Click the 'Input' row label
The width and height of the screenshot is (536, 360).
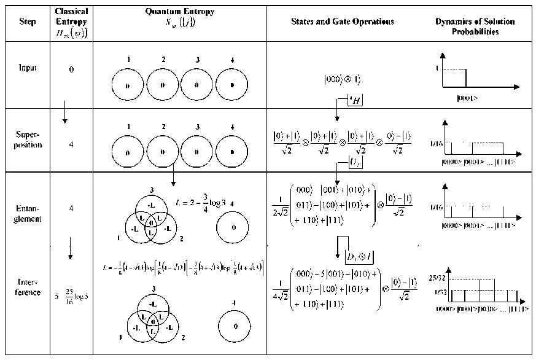[28, 68]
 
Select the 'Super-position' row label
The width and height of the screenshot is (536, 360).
[28, 141]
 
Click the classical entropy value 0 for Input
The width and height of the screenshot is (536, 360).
[71, 70]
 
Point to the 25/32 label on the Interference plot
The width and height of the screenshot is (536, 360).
[440, 277]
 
